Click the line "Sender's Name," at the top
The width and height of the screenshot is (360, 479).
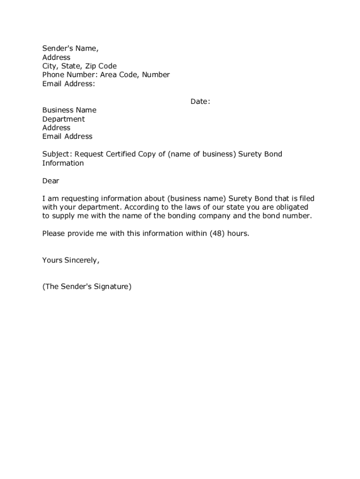click(x=71, y=49)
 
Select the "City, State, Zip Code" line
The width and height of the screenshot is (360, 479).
click(x=79, y=66)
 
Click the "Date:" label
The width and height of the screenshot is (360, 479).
click(x=200, y=102)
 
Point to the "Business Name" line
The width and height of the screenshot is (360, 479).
click(x=69, y=110)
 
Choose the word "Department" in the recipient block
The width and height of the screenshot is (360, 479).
click(x=64, y=119)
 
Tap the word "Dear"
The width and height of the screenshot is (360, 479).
click(x=51, y=181)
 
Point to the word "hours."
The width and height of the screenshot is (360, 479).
click(x=238, y=234)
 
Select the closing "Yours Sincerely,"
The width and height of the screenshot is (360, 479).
click(x=71, y=261)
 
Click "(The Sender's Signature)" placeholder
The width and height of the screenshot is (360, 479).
click(x=87, y=287)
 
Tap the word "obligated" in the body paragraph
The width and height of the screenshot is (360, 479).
click(x=292, y=207)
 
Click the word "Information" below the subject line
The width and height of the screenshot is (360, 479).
click(x=63, y=163)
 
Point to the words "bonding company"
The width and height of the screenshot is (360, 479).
click(x=210, y=216)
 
